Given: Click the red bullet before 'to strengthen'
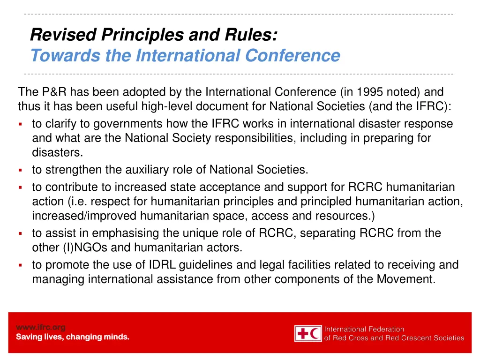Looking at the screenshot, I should point(21,169).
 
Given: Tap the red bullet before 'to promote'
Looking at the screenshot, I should point(21,265).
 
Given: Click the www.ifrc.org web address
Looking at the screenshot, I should point(41,327).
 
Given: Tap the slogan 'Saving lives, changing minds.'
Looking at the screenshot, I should point(73,337).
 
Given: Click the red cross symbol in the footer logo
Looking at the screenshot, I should point(302,333).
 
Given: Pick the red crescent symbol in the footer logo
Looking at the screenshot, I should point(316,333).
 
